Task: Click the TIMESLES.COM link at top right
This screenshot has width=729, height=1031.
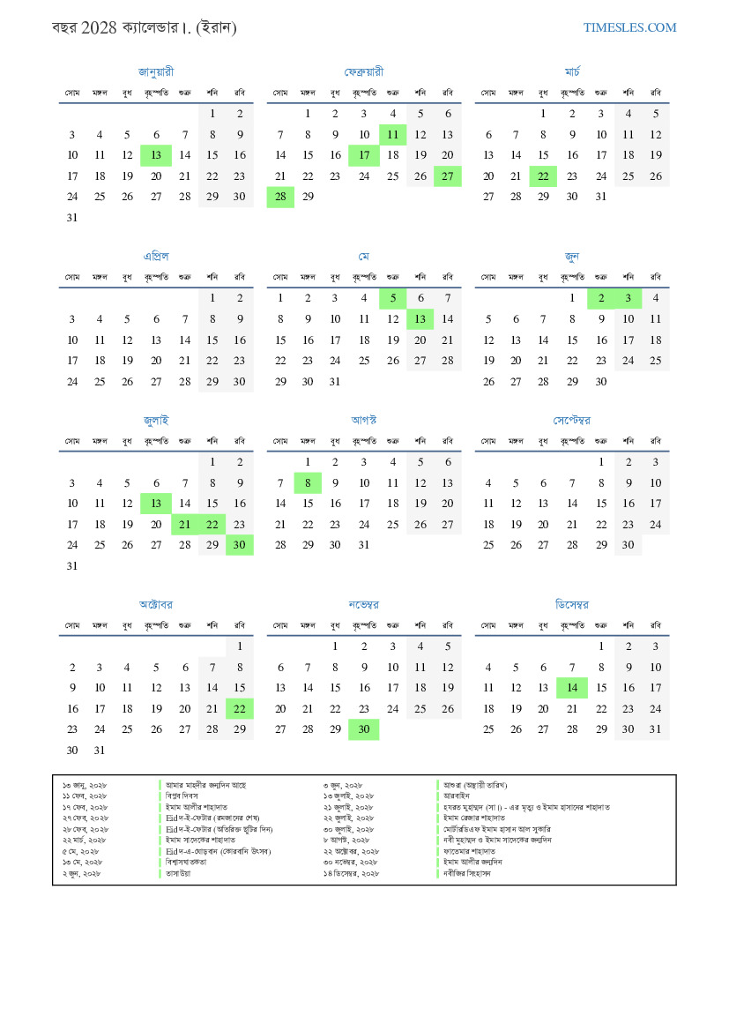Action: click(x=629, y=27)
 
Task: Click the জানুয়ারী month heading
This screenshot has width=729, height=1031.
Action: click(x=156, y=71)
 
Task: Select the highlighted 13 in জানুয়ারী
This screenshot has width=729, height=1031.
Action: click(x=156, y=155)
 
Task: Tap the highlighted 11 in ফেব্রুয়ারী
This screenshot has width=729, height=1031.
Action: click(x=392, y=135)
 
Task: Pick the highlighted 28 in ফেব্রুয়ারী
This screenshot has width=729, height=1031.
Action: click(x=280, y=198)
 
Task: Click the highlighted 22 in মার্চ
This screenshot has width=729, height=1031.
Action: click(x=544, y=176)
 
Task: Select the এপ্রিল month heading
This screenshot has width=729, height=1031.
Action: click(x=156, y=256)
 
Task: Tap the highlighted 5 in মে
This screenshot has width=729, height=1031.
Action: click(x=392, y=298)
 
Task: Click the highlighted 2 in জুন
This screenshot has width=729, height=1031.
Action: click(x=600, y=298)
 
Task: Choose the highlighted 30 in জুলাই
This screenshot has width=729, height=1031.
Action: click(x=239, y=545)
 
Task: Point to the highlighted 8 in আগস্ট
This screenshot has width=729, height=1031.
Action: click(x=308, y=482)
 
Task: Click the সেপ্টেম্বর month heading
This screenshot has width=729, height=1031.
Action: click(x=572, y=420)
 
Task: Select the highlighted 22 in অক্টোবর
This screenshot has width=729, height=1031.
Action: click(x=239, y=708)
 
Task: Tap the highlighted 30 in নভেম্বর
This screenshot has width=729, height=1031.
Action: click(x=364, y=729)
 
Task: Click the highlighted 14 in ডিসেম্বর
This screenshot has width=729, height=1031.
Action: click(x=572, y=688)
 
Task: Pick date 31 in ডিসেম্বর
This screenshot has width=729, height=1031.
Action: click(x=655, y=729)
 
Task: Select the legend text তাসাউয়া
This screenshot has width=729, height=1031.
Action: click(x=178, y=873)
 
